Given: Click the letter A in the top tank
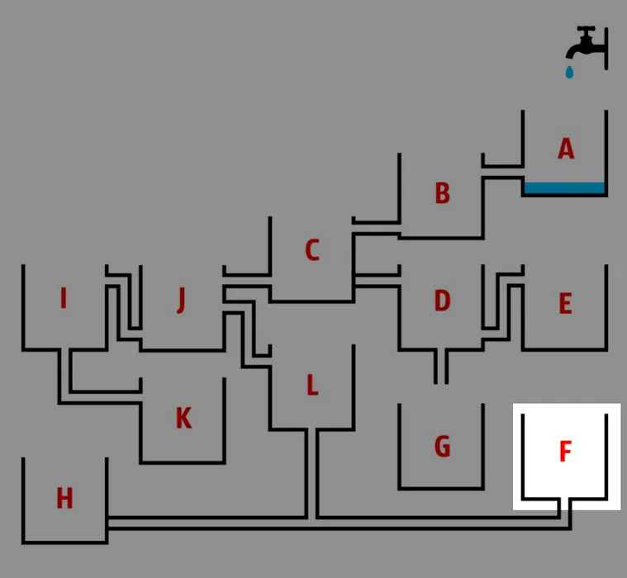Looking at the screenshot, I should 565,149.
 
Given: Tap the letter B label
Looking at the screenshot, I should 442,193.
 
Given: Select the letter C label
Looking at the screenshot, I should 311,250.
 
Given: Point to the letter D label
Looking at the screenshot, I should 442,301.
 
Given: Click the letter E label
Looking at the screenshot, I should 565,304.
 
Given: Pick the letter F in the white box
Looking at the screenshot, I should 565,452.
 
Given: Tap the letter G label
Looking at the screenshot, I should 442,447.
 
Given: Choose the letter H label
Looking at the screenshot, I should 64,499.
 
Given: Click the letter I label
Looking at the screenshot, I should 64,298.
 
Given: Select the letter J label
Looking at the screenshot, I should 181,301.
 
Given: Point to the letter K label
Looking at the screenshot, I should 183,419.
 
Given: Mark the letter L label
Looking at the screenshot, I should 311,385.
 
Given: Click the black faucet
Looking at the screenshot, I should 588,45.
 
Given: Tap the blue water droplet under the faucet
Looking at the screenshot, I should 568,73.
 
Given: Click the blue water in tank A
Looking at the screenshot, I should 565,188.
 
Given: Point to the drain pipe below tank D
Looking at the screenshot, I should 441,367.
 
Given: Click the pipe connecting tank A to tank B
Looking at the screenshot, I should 501,172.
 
